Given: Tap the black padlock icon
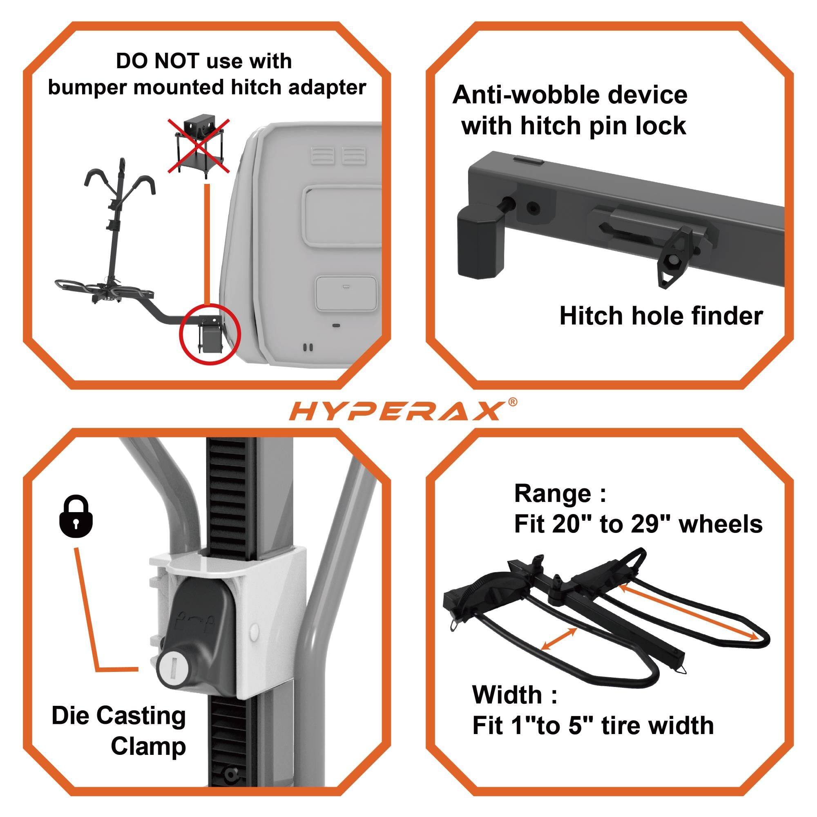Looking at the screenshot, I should tap(76, 517).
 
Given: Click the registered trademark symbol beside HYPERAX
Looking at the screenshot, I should tap(512, 401).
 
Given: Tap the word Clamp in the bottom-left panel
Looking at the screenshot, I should tap(148, 746).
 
